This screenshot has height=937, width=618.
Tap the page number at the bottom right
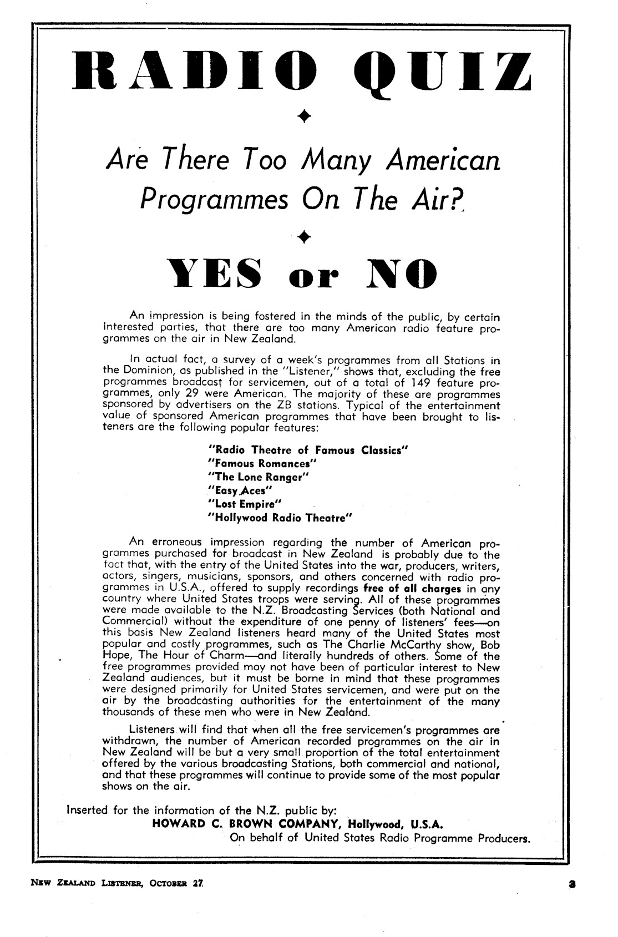tap(570, 882)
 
